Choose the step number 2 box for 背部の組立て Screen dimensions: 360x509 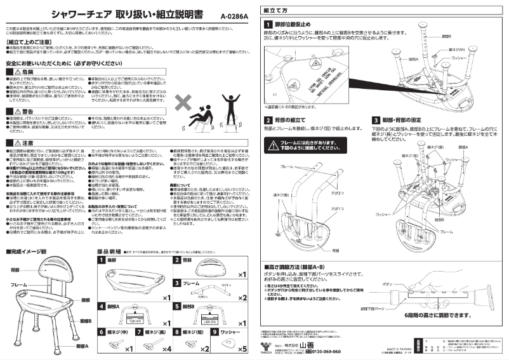tap(268, 120)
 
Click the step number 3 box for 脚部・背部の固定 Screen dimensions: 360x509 tap(377, 120)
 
